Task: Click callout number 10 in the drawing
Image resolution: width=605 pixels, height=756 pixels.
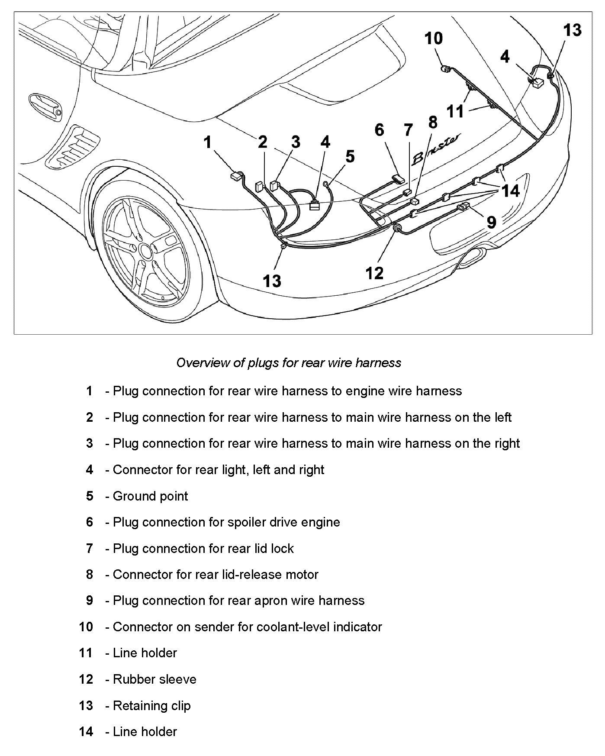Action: (x=433, y=39)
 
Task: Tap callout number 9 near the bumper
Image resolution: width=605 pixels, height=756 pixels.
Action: (x=491, y=222)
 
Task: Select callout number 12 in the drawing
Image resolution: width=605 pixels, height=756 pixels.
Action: (x=374, y=273)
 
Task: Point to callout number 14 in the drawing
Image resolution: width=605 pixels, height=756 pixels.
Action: (x=510, y=191)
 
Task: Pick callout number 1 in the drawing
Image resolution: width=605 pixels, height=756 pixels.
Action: (x=208, y=142)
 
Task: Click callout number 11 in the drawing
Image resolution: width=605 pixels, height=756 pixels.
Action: (x=455, y=111)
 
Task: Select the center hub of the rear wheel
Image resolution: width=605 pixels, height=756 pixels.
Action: (x=145, y=251)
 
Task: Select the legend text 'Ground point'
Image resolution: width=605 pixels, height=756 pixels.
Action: (x=150, y=496)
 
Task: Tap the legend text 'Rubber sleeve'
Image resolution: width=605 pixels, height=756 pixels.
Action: (x=154, y=679)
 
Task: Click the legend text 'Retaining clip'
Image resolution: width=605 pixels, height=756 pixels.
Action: (x=151, y=705)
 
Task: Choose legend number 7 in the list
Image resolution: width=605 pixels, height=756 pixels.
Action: (x=90, y=548)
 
